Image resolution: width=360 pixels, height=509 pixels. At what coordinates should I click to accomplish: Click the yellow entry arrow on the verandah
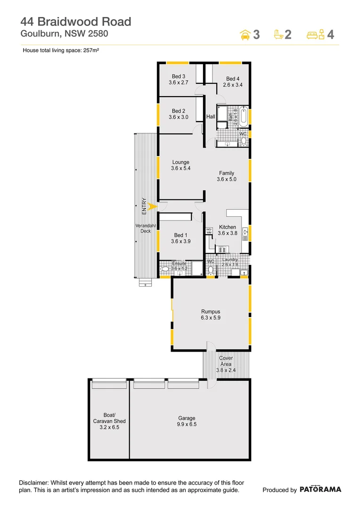(151, 206)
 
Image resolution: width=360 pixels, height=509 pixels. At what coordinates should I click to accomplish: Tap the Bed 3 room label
(178, 76)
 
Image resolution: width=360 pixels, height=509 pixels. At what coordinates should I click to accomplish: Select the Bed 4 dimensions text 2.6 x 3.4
(232, 85)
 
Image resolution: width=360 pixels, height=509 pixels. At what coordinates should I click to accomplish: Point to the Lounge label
(180, 162)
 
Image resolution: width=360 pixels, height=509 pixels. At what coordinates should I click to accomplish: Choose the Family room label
(226, 173)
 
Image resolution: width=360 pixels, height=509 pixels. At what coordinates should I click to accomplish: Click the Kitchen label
(227, 227)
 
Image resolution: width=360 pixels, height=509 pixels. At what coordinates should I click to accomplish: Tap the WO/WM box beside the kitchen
(209, 231)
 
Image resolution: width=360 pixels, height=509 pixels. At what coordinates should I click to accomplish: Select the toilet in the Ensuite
(164, 270)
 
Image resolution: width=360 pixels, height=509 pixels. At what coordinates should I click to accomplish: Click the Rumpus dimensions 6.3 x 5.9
(211, 318)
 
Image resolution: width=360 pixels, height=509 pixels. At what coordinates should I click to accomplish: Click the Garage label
(187, 418)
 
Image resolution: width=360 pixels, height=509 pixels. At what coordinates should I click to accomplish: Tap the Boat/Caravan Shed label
(109, 421)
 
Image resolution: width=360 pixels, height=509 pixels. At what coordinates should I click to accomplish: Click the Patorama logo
(320, 490)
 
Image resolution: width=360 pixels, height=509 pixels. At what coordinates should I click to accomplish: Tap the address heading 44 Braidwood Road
(75, 21)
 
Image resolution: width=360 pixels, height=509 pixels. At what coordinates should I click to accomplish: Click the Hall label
(210, 116)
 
